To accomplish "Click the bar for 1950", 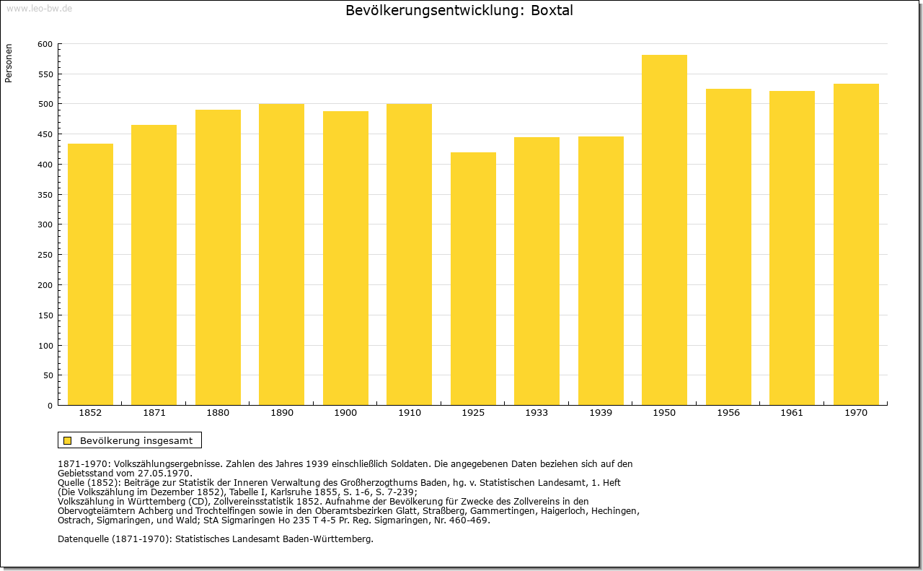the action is click(x=664, y=230).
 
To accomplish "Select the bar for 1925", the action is click(x=473, y=279).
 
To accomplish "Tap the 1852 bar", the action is click(x=90, y=274).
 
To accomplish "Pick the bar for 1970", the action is click(x=856, y=244).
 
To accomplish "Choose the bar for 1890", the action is click(x=281, y=254).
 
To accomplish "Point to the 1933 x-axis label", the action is click(x=536, y=413).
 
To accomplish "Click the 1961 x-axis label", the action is click(x=792, y=413).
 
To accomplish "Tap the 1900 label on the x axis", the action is click(x=345, y=413).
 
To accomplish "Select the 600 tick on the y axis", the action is click(x=45, y=44).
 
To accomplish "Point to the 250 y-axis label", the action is click(x=45, y=255).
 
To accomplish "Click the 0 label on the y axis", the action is click(x=50, y=406).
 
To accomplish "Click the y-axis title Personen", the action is click(x=9, y=63).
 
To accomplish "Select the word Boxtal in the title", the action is click(x=552, y=10).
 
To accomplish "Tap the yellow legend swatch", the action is click(x=68, y=440).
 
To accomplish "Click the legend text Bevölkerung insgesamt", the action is click(x=136, y=440).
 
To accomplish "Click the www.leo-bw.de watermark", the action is click(x=39, y=9).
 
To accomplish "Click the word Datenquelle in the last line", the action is click(x=83, y=539).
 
